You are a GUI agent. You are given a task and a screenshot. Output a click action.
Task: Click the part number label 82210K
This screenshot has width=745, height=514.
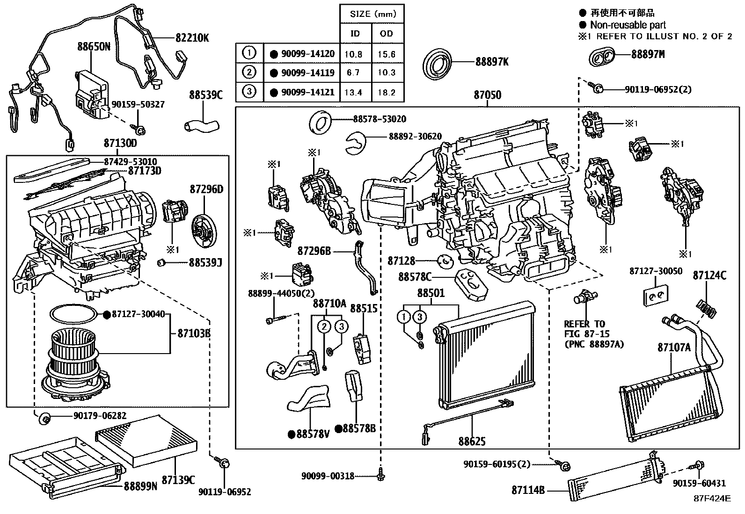[x=192, y=38]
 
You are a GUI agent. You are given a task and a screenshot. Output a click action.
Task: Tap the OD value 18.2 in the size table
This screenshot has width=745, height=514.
[x=387, y=92]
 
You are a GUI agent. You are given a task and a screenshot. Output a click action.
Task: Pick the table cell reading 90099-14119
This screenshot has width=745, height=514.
[x=307, y=72]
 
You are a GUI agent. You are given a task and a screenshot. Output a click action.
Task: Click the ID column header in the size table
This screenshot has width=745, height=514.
[x=355, y=34]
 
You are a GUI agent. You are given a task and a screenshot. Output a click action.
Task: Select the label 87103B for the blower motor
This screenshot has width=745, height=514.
[x=193, y=333]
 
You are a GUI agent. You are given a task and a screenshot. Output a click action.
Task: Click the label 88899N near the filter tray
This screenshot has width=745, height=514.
[x=140, y=486]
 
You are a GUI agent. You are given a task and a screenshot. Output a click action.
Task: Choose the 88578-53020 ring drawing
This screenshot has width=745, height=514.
[x=321, y=123]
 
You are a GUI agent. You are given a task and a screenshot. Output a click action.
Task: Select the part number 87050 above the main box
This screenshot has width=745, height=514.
[x=487, y=95]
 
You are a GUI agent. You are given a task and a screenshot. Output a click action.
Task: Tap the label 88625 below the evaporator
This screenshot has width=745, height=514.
[x=472, y=441]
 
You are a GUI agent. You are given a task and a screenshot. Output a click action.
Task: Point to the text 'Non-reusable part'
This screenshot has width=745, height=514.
[x=628, y=25]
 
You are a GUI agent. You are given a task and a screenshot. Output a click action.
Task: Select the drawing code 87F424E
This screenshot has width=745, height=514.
[x=712, y=498]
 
